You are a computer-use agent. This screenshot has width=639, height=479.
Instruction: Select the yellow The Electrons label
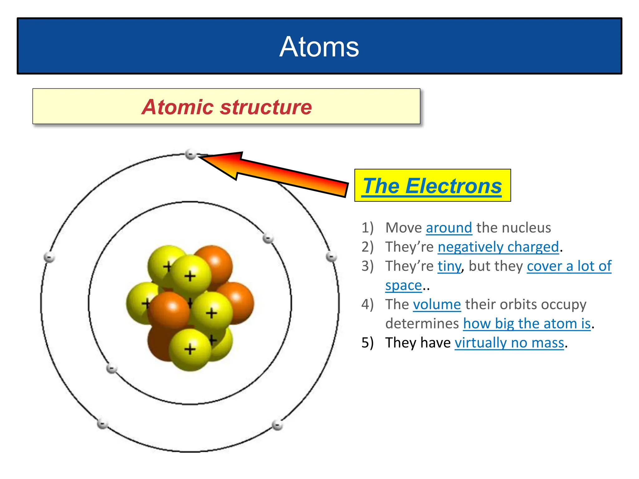click(432, 186)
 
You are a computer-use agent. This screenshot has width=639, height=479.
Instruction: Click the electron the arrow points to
click(190, 154)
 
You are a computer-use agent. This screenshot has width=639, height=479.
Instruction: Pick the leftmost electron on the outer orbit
click(49, 258)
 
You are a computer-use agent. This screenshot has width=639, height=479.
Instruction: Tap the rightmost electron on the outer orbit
click(331, 257)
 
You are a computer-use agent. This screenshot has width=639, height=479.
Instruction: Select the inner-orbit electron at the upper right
click(268, 239)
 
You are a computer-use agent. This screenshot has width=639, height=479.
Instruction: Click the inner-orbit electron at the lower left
click(111, 369)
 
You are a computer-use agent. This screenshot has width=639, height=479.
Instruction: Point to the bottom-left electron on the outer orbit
click(102, 424)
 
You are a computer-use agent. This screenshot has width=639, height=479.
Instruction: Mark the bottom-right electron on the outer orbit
click(277, 425)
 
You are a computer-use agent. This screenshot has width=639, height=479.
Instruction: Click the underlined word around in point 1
click(449, 228)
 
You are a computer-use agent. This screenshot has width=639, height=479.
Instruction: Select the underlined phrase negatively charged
click(498, 247)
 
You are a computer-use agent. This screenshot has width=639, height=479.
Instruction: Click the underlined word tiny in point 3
click(449, 266)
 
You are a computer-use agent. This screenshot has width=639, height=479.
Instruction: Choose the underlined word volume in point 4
click(437, 305)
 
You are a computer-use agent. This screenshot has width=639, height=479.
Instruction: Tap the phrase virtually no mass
click(509, 343)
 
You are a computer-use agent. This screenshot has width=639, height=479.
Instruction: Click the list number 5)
click(367, 343)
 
